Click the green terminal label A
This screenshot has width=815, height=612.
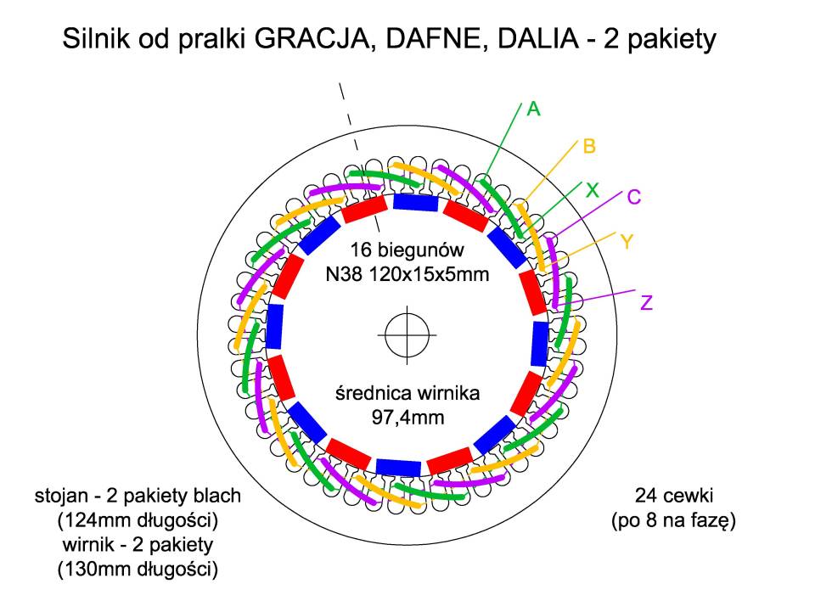pos(533,109)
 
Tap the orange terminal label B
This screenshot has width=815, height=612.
pos(589,146)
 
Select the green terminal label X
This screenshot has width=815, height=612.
pos(592,191)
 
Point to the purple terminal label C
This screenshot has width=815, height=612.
pos(634,197)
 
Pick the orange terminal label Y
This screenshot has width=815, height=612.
pos(627,242)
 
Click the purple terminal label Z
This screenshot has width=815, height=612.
pos(646,302)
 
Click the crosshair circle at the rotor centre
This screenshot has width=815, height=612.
pos(407,335)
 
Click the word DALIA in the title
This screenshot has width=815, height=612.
pos(538,39)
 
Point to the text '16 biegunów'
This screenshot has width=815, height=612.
pos(407,250)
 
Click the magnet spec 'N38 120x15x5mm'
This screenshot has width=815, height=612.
pos(407,274)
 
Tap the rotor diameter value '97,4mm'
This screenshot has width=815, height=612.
pos(408,417)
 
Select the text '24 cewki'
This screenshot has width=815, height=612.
pos(673,495)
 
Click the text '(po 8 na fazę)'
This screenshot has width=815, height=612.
pos(673,520)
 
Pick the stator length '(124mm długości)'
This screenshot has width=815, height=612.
pos(138,520)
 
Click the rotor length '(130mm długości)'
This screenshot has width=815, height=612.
pos(138,570)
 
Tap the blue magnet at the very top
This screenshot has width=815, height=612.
pos(416,202)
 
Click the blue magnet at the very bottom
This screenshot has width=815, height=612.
pos(398,468)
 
